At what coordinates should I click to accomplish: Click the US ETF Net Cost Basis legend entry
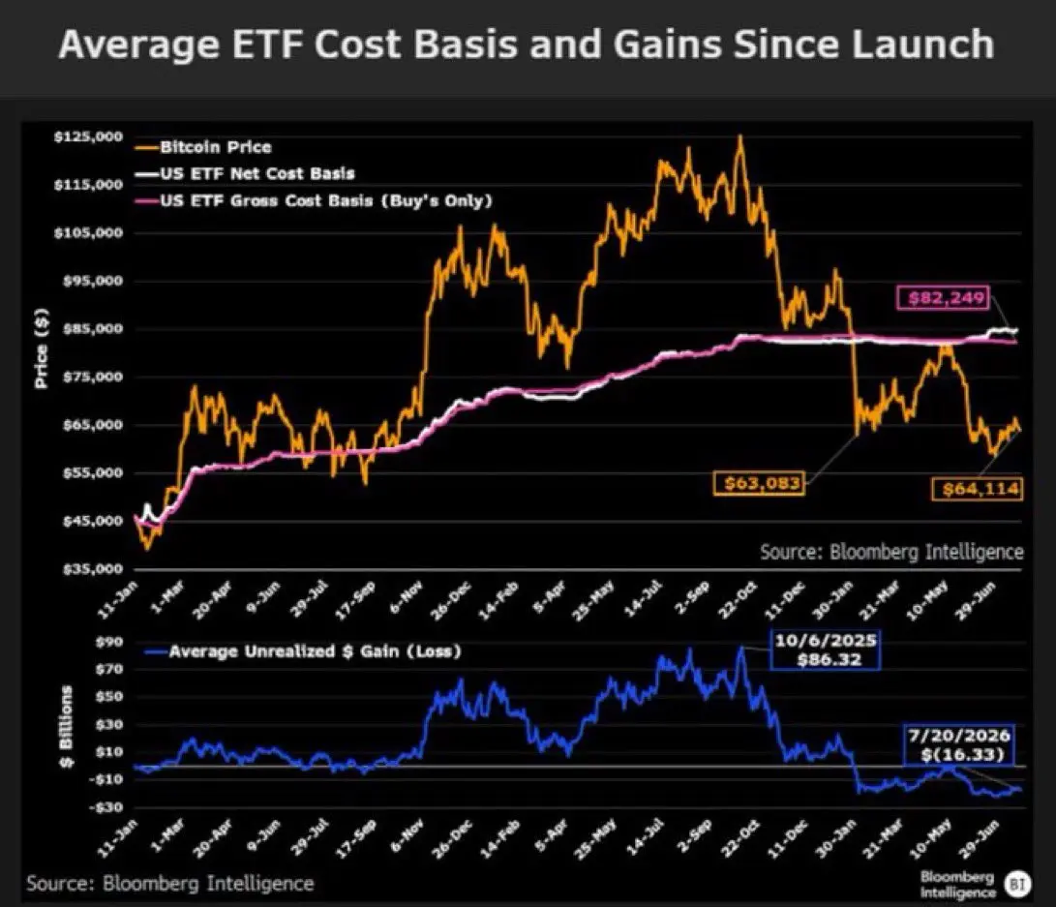(245, 173)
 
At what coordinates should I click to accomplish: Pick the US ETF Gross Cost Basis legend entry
(314, 200)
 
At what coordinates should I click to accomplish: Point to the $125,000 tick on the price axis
(88, 136)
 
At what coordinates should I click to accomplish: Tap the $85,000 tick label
(92, 328)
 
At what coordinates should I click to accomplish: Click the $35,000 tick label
(92, 569)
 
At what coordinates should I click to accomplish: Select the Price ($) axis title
(41, 348)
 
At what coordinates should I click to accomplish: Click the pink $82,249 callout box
(944, 297)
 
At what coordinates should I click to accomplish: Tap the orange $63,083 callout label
(760, 483)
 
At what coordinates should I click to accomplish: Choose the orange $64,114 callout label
(978, 488)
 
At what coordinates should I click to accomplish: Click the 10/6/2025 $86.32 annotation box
(826, 650)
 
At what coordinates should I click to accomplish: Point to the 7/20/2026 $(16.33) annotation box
(959, 744)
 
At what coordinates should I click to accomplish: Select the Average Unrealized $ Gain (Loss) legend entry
(303, 651)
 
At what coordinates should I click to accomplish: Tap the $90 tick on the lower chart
(109, 642)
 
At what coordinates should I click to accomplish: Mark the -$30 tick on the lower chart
(106, 806)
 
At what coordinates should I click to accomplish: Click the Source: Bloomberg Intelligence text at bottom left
(170, 884)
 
